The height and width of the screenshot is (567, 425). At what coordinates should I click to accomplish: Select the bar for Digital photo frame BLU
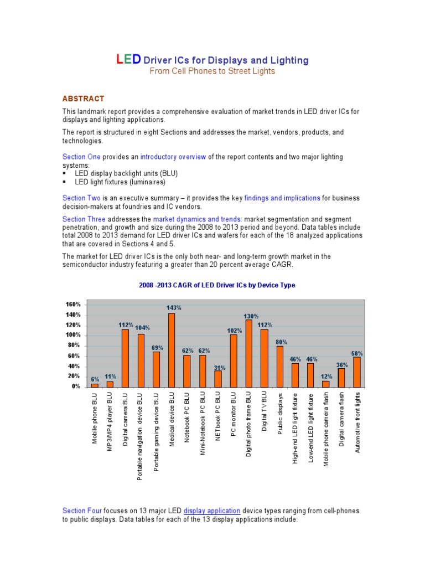249,353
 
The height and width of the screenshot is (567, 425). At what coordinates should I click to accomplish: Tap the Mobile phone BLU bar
95,385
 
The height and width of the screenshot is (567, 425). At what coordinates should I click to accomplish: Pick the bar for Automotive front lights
357,372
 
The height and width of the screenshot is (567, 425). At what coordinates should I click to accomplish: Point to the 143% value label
174,307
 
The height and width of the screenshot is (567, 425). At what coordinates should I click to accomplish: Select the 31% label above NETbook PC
219,367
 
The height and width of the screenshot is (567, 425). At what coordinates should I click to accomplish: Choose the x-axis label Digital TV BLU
265,413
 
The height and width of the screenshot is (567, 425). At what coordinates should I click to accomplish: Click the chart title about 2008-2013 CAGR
216,285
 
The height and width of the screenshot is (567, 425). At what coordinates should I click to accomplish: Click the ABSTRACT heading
83,99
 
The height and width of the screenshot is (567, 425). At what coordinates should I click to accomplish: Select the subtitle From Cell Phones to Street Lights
212,71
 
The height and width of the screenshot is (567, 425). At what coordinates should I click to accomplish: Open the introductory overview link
173,157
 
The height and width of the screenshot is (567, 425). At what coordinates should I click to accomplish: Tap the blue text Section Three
84,219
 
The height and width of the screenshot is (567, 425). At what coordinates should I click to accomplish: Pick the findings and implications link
286,198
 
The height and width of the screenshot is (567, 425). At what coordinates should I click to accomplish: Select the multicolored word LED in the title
128,59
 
